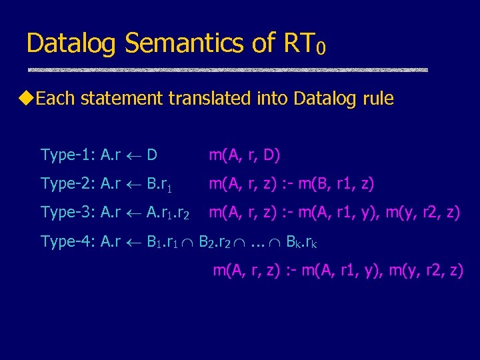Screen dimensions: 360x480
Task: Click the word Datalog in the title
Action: click(72, 44)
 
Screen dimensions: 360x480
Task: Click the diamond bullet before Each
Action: click(27, 99)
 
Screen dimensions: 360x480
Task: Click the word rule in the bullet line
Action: click(378, 99)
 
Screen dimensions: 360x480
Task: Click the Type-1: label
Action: click(67, 155)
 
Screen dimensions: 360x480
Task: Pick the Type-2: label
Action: click(67, 184)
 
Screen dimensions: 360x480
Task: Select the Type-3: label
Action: click(67, 213)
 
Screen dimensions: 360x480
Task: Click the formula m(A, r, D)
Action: click(244, 155)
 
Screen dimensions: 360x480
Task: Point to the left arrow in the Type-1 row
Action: click(133, 156)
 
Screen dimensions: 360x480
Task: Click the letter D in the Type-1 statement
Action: click(152, 155)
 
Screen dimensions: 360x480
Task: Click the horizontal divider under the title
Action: click(227, 69)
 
